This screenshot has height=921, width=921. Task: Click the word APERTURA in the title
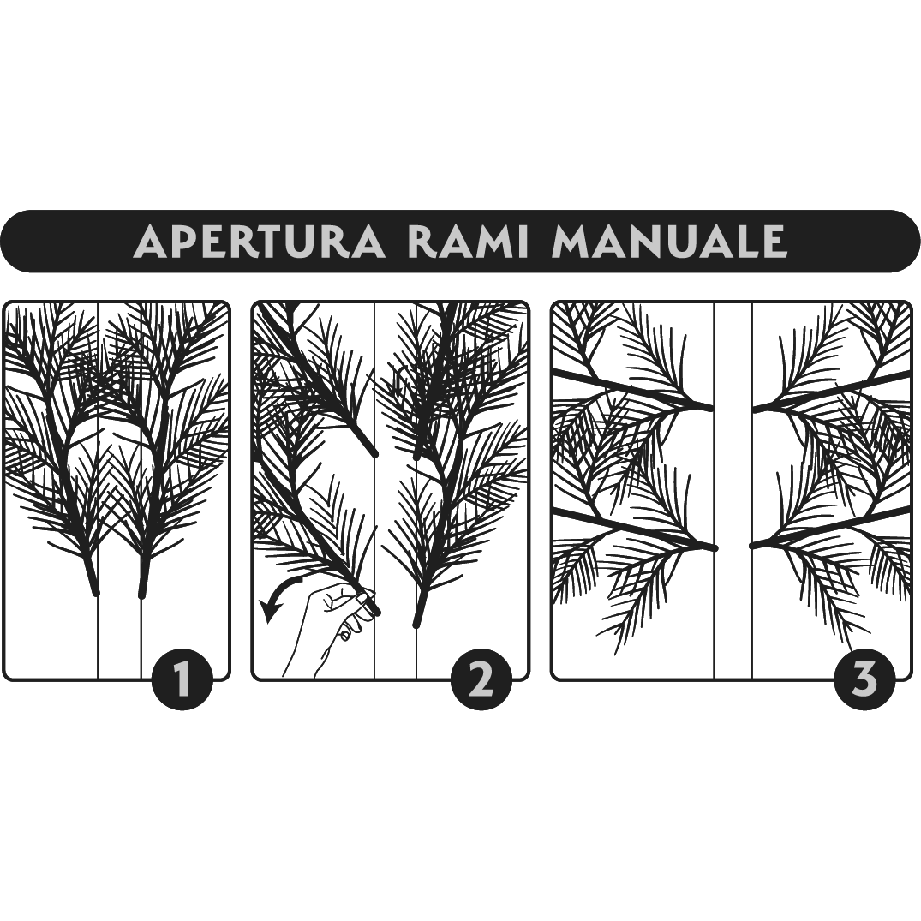click(x=260, y=240)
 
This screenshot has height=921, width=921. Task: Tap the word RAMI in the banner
click(x=468, y=240)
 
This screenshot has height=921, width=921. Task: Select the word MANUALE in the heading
click(x=668, y=240)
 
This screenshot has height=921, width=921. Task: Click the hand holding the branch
click(x=330, y=630)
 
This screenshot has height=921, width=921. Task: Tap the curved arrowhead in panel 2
click(x=270, y=612)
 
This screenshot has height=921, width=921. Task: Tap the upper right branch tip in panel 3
click(x=756, y=410)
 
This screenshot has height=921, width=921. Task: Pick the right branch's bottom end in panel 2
click(x=416, y=623)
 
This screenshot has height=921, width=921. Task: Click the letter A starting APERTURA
click(x=149, y=242)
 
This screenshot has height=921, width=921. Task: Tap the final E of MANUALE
click(x=775, y=242)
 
